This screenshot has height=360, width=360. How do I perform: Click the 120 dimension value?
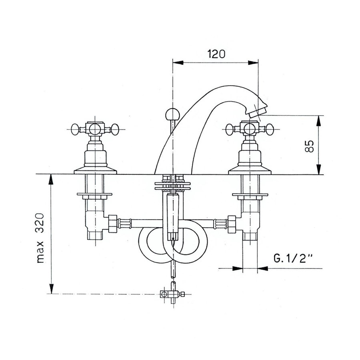(x=215, y=54)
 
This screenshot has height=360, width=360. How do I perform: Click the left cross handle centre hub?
(x=95, y=129)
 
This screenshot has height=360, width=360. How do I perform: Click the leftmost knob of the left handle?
(x=74, y=129)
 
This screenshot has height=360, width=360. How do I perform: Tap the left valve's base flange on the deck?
(x=95, y=171)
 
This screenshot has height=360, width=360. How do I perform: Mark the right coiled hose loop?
(x=188, y=244)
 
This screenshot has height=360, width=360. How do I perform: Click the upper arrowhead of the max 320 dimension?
(x=51, y=178)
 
